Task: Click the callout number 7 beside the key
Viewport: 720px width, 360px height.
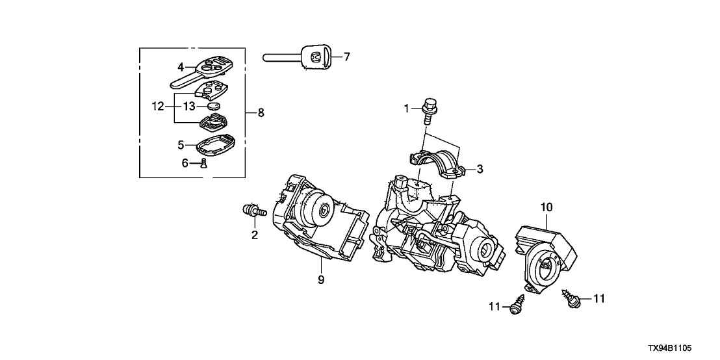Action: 347,57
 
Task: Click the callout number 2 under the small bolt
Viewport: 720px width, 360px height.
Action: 255,235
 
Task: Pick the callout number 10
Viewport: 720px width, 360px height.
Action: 546,207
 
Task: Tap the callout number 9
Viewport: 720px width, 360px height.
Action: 321,280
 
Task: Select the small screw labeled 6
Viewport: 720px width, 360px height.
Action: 203,162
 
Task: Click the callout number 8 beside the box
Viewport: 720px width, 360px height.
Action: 261,113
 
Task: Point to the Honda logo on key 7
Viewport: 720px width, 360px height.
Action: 315,57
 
